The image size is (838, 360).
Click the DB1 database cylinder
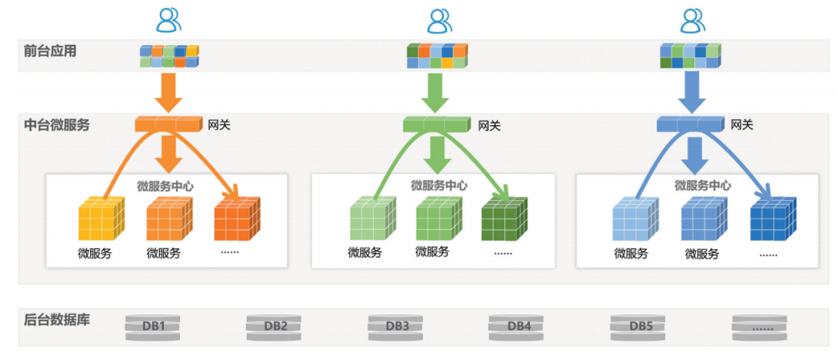pyautogui.click(x=154, y=326)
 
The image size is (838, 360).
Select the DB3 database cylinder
pyautogui.click(x=397, y=326)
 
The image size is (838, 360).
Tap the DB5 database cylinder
pyautogui.click(x=641, y=326)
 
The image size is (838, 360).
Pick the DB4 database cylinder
pyautogui.click(x=519, y=326)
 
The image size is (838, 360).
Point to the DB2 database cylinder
pyautogui.click(x=275, y=326)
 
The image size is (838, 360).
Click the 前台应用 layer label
pyautogui.click(x=50, y=52)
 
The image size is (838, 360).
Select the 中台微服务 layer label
pyautogui.click(x=57, y=124)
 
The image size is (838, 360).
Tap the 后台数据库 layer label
pyautogui.click(x=57, y=319)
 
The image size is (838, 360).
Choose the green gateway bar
pyautogui.click(x=437, y=124)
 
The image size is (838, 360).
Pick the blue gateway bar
pyautogui.click(x=690, y=124)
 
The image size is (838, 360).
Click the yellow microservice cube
pyautogui.click(x=101, y=220)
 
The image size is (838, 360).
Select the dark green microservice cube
pyautogui.click(x=504, y=220)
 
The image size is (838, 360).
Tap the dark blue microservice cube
pyautogui.click(x=773, y=220)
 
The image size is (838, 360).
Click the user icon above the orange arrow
pyautogui.click(x=168, y=19)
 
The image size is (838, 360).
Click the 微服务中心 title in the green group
pyautogui.click(x=439, y=186)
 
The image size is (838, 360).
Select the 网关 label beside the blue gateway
pyautogui.click(x=743, y=124)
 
